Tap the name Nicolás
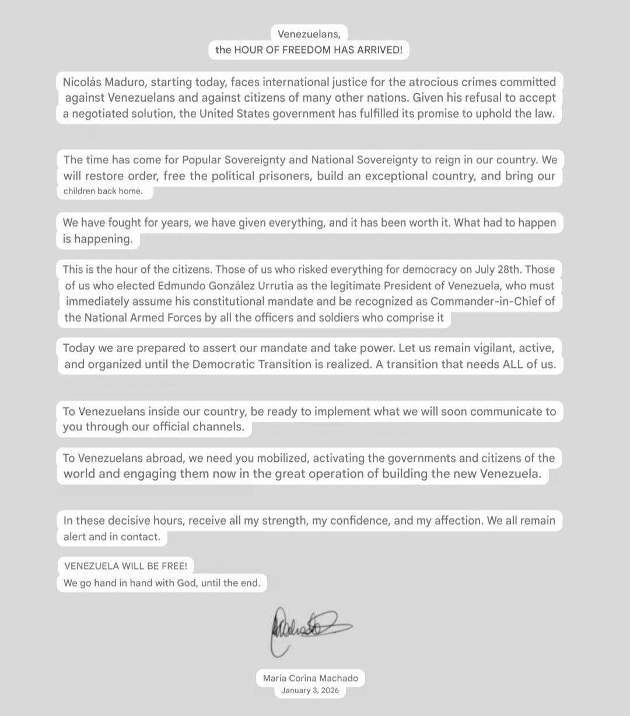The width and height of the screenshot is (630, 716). (x=82, y=82)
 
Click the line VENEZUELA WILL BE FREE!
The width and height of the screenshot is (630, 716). (x=125, y=566)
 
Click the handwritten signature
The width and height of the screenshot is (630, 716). (x=310, y=629)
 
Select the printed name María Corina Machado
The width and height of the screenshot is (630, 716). (x=310, y=678)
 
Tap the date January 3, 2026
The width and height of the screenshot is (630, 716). (x=310, y=691)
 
